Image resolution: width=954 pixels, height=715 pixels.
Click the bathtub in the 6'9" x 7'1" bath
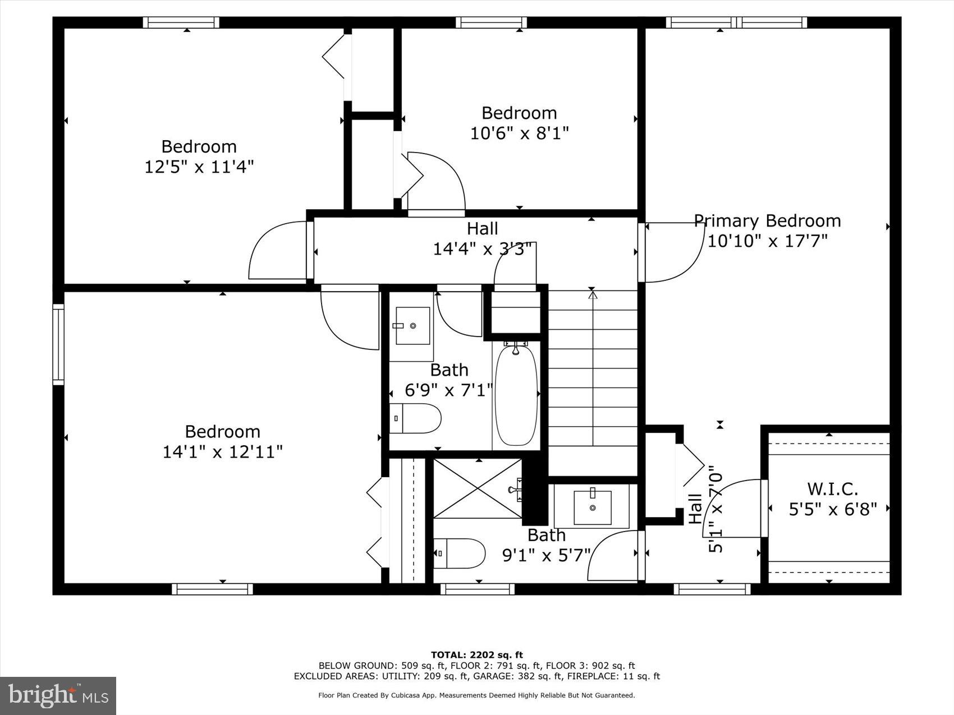point(516,395)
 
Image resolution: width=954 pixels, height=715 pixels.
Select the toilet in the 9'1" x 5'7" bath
point(459,553)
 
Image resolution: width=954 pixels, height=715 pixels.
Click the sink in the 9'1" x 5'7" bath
point(593,507)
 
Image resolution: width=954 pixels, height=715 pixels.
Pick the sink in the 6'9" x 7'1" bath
point(412,326)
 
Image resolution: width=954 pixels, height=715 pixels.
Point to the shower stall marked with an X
point(478,488)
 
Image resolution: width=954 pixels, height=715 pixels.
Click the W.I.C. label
point(832,489)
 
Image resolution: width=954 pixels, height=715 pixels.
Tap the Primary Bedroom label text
point(767,220)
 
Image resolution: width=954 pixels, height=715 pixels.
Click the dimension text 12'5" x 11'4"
point(199,167)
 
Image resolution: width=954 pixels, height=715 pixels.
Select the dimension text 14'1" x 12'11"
point(222,451)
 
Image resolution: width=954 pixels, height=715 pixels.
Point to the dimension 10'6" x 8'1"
point(519,133)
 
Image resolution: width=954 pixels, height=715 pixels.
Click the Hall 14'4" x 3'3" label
point(482,238)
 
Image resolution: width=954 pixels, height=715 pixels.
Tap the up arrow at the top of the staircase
point(592,292)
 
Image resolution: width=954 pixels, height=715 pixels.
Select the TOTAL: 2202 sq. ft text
point(476,654)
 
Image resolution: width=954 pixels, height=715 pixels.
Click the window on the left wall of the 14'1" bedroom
point(58,344)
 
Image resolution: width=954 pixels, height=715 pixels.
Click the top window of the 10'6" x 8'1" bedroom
point(491,22)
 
